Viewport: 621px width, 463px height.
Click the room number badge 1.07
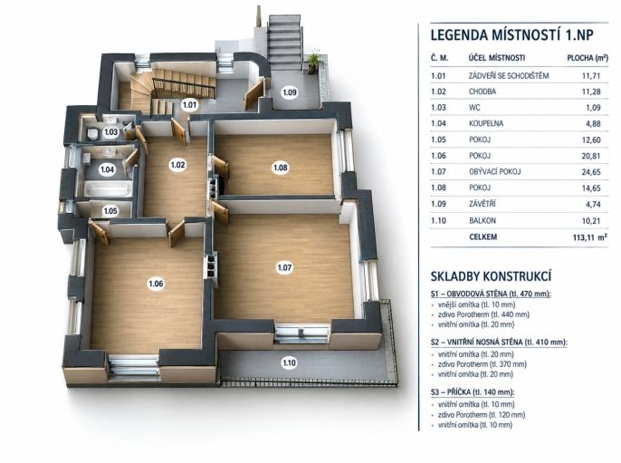click(284, 267)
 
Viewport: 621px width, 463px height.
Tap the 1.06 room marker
click(156, 284)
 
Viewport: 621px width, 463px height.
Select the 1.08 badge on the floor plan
click(281, 168)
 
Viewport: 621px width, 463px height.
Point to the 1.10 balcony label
click(289, 362)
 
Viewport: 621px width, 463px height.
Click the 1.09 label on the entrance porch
click(290, 92)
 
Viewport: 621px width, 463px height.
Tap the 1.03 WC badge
click(110, 132)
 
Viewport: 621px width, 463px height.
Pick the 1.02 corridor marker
click(177, 165)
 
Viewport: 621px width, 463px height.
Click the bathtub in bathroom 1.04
click(108, 188)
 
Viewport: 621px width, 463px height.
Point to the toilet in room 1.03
click(92, 133)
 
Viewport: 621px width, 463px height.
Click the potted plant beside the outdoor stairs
click(313, 62)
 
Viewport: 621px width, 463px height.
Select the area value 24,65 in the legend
click(591, 172)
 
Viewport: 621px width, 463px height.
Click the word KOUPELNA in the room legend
click(486, 123)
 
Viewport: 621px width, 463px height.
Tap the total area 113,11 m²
click(589, 237)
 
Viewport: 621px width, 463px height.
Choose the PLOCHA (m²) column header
click(588, 58)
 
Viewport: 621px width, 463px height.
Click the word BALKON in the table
click(482, 221)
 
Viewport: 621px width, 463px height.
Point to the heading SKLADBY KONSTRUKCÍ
click(491, 276)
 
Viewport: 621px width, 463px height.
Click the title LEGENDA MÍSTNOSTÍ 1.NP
click(512, 34)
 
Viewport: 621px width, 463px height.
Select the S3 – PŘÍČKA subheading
click(473, 392)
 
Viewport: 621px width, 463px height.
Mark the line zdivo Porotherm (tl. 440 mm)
click(483, 314)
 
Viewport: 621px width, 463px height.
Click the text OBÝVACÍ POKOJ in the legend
click(494, 172)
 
